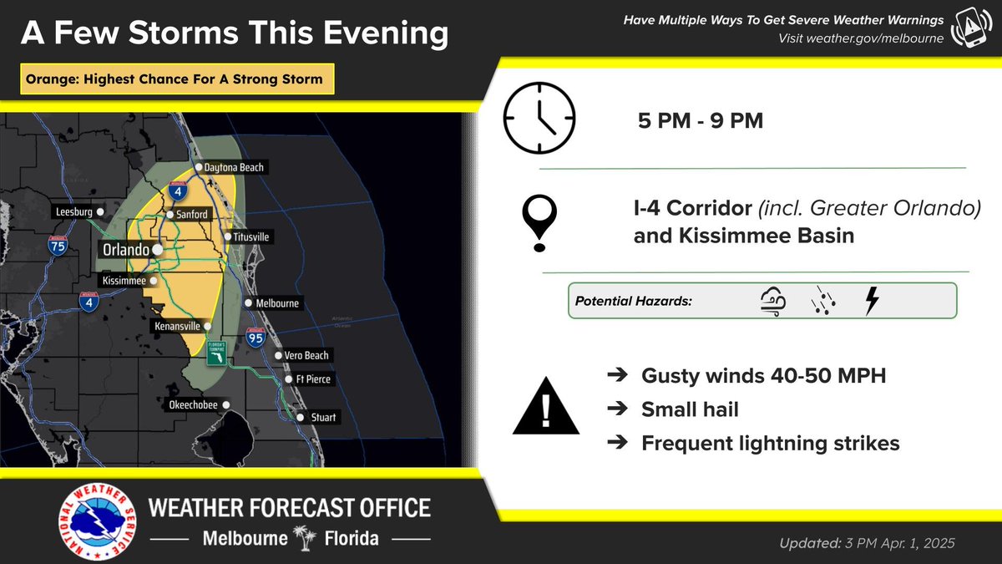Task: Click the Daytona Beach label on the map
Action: [x=234, y=168]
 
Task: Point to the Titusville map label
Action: [x=251, y=237]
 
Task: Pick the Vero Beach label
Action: [x=307, y=356]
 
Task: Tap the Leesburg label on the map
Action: [x=74, y=212]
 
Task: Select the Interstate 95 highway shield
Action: [x=256, y=338]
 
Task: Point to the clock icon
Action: [x=539, y=118]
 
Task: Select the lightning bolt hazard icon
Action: [x=872, y=301]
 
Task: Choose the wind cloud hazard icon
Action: [x=772, y=301]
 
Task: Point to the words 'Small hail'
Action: [x=689, y=409]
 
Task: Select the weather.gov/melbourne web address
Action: [x=861, y=38]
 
